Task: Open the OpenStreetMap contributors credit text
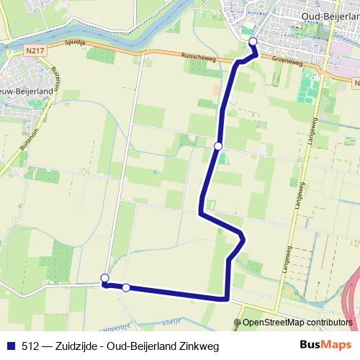click(297, 323)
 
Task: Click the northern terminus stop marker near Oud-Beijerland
click(253, 42)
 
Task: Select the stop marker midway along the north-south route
click(218, 146)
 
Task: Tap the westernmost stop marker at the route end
click(105, 279)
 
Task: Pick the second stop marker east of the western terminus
click(126, 288)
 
